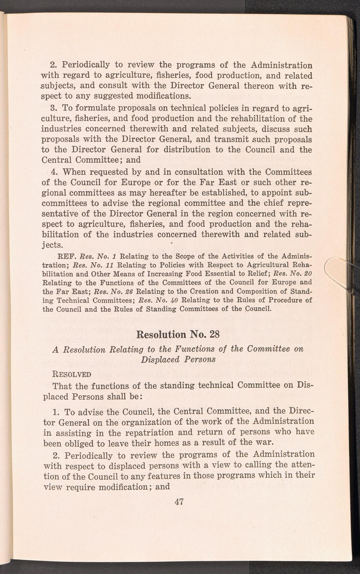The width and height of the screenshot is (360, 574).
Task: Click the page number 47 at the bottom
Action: coord(179,501)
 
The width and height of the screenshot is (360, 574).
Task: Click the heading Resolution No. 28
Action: coord(178,334)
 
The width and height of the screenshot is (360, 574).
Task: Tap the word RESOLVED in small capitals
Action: coord(72,374)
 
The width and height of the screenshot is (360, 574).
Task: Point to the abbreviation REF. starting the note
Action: coord(67,257)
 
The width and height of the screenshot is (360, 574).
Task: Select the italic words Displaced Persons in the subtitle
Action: coord(178,359)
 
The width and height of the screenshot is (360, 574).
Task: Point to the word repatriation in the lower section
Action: coord(149,432)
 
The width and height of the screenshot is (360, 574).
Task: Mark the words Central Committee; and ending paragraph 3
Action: coord(91,160)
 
